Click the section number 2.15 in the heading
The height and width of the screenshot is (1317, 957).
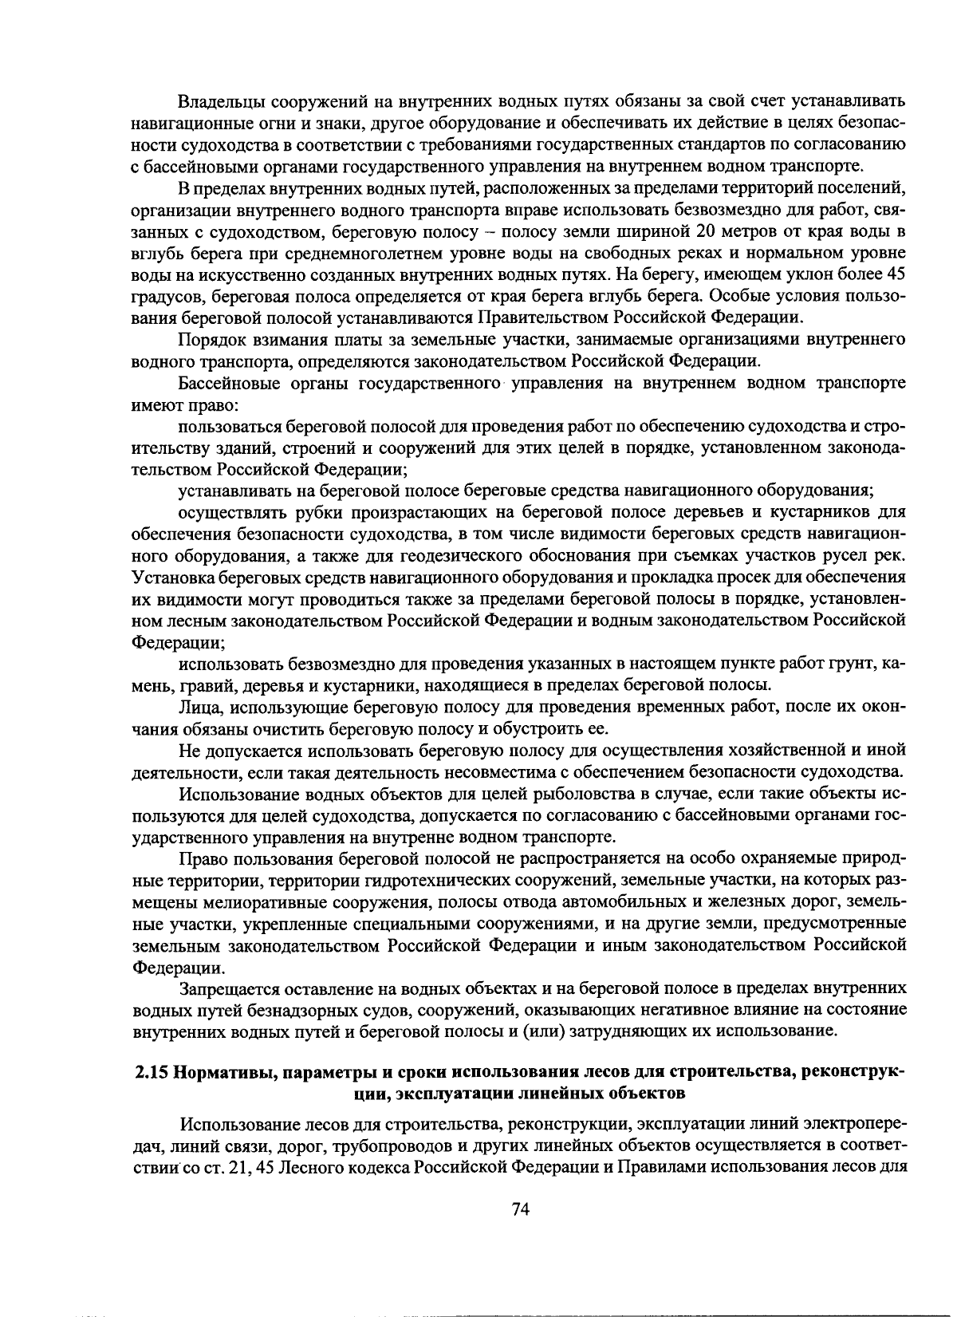[149, 1071]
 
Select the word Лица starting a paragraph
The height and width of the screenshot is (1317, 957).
[195, 707]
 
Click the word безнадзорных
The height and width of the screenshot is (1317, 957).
[290, 1010]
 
